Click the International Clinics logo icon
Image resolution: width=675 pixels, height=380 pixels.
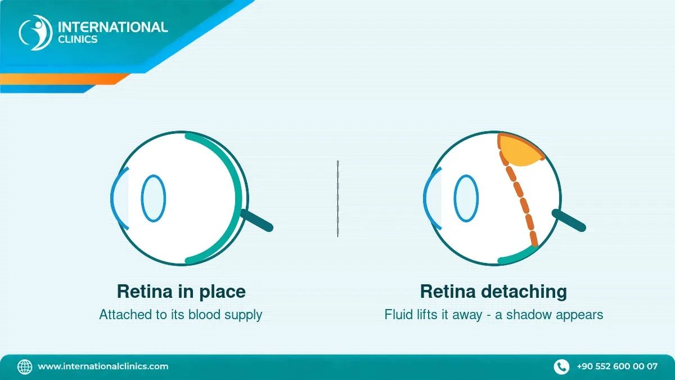[35, 32]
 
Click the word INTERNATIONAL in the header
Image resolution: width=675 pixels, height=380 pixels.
[112, 27]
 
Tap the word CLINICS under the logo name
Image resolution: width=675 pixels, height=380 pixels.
[78, 39]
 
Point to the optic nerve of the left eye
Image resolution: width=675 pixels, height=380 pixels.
[256, 221]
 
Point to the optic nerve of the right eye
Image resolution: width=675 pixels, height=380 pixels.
[569, 221]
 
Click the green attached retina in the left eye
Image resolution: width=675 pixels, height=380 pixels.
[238, 198]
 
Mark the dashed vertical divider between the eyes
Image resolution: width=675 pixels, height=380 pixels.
[338, 199]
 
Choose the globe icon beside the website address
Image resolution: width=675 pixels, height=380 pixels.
[25, 366]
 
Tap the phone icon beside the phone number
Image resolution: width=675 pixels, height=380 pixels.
[561, 366]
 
